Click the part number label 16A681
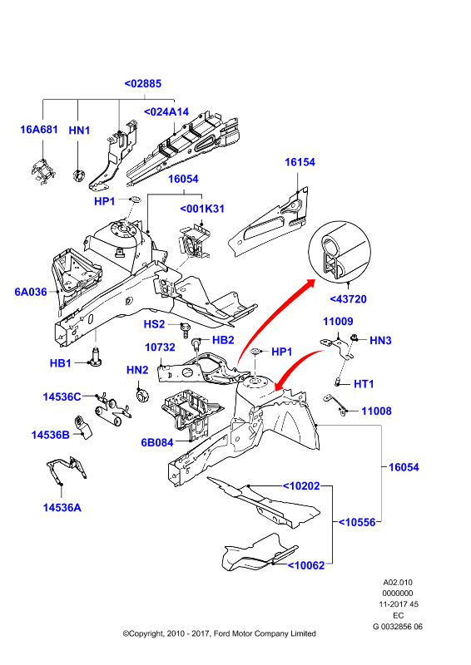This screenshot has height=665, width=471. click(39, 130)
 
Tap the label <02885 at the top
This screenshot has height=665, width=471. click(142, 84)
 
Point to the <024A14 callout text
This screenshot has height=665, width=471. click(166, 112)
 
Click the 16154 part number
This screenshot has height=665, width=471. click(300, 162)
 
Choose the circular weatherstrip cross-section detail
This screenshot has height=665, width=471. click(340, 251)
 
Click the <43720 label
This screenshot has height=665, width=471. click(349, 299)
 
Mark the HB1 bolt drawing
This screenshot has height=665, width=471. click(95, 356)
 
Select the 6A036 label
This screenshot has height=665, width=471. click(31, 292)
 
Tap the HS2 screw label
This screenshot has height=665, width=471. click(154, 324)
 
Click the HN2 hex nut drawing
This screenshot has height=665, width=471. click(141, 397)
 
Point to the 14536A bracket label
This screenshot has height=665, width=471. click(62, 508)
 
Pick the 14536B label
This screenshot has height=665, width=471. click(51, 435)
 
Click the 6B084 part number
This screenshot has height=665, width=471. click(157, 443)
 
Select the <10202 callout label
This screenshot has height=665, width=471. click(301, 486)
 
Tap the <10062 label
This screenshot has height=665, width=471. click(306, 565)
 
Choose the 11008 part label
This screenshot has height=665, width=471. click(377, 411)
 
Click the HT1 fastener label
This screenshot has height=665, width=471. click(364, 384)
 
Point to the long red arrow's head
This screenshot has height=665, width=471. click(310, 283)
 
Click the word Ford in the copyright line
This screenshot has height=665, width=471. click(222, 633)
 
